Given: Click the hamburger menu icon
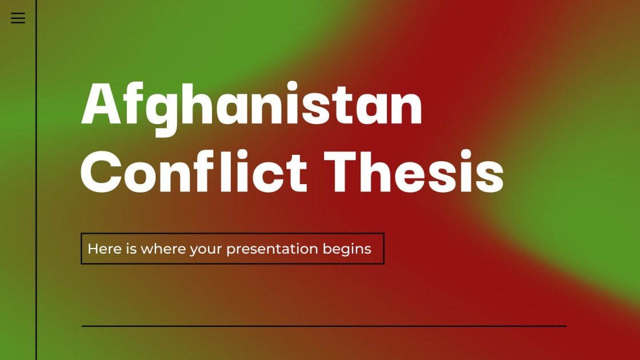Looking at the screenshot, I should [x=18, y=18].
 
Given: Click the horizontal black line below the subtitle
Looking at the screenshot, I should [x=324, y=326].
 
